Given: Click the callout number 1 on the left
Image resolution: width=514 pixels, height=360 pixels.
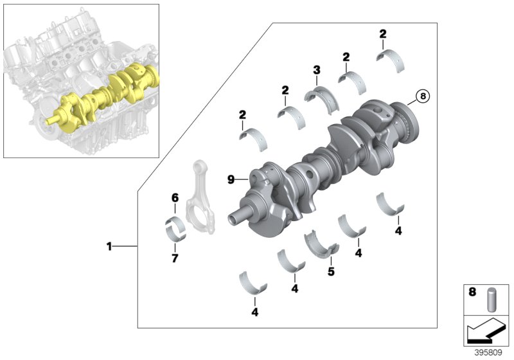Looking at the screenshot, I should [x=109, y=246].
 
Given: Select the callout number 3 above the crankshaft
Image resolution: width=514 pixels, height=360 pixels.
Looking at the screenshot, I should [x=317, y=69].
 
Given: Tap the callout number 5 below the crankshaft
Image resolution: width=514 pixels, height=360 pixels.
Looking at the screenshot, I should [x=331, y=271].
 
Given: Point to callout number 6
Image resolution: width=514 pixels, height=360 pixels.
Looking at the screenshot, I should [x=174, y=198].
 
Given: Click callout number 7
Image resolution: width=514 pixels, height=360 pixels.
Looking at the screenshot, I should [x=174, y=258].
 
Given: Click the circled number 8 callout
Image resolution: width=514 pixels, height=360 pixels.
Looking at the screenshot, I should [x=421, y=96].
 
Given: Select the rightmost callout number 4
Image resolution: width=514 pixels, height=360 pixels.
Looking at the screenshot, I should [x=398, y=231].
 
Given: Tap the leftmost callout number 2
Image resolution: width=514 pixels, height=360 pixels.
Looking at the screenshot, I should [x=243, y=114].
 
